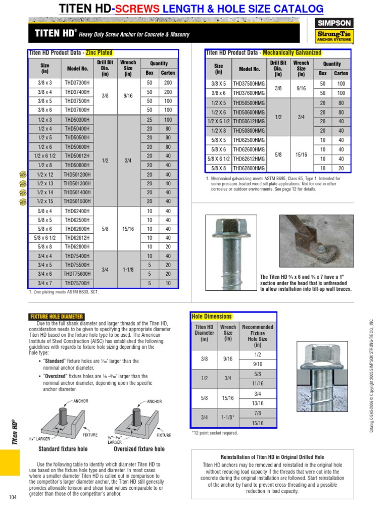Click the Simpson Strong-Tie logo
point(334,30)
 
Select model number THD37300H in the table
point(77,83)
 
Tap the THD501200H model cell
point(77,174)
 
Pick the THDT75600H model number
point(77,274)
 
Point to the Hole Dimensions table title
point(212,317)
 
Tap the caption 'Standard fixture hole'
point(63,448)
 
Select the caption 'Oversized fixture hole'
point(139,448)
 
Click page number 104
point(13,498)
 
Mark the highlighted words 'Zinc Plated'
point(99,53)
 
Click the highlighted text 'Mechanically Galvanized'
point(292,53)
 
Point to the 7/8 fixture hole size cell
point(258,413)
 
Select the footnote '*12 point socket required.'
point(215,433)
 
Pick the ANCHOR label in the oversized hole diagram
point(154,402)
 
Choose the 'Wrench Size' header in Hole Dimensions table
point(228,333)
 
